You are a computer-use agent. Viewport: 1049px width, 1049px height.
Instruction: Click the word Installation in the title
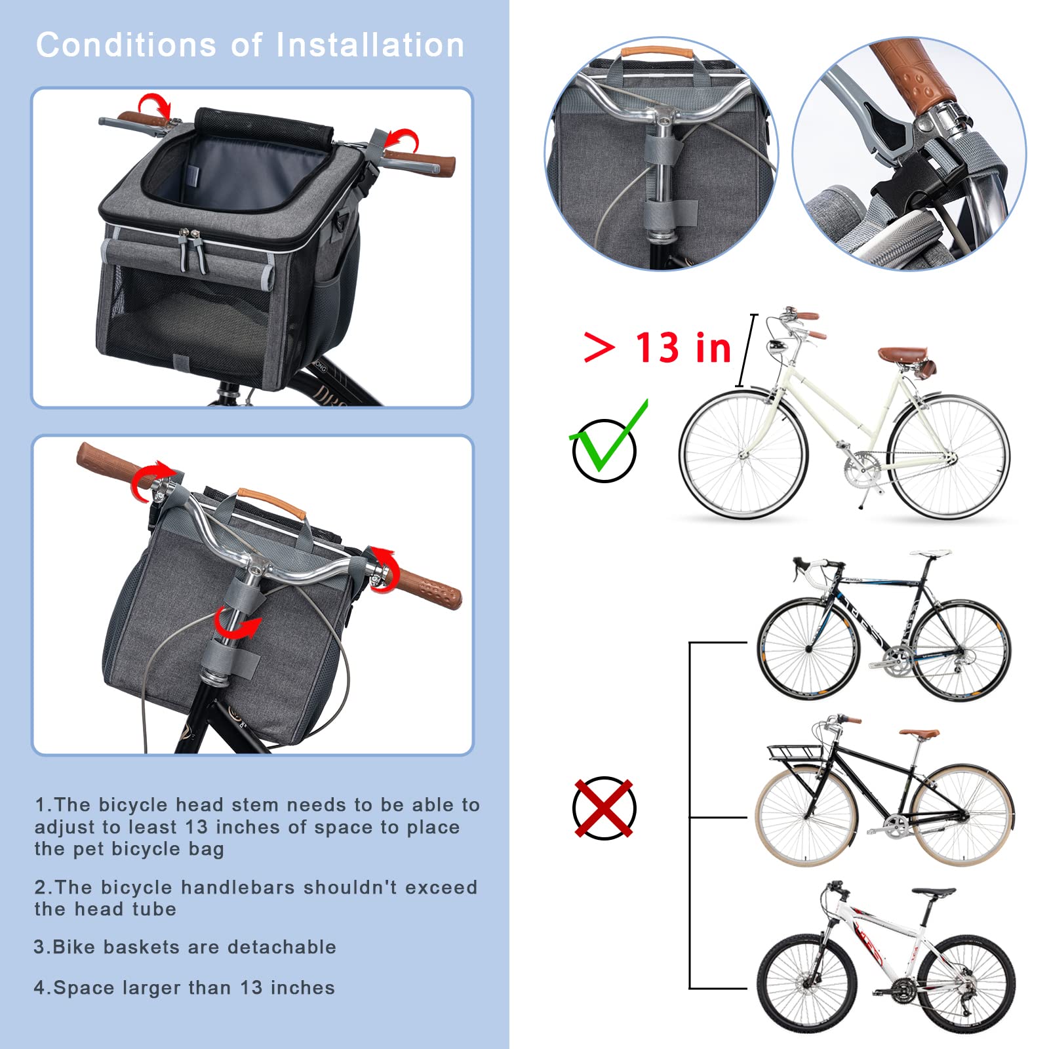point(370,45)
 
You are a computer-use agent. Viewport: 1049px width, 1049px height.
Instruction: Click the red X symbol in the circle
point(604,808)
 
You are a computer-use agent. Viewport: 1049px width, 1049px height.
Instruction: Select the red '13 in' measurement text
point(683,347)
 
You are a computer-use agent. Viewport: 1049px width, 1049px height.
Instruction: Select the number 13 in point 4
point(250,987)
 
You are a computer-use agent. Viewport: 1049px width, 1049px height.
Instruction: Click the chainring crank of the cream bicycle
point(860,468)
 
